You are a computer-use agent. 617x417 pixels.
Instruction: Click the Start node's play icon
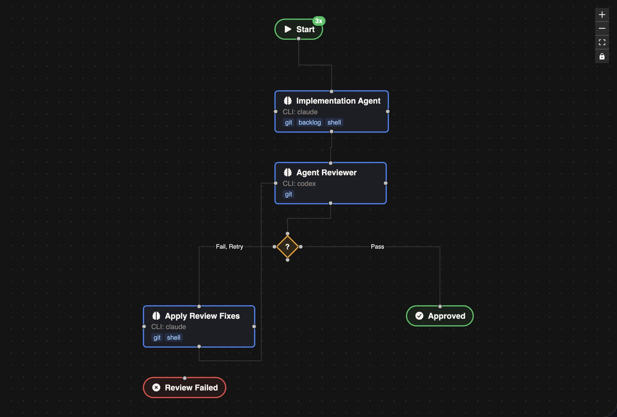point(288,29)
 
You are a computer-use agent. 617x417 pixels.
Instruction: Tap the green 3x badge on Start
point(319,21)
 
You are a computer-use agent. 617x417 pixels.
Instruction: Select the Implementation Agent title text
point(338,101)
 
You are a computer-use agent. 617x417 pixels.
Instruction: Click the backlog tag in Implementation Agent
point(309,122)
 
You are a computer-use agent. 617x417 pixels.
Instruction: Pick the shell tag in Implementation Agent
point(334,122)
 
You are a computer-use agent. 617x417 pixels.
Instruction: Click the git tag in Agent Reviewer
point(288,194)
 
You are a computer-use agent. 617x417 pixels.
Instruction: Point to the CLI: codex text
point(299,184)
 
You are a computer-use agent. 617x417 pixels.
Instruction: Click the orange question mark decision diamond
point(288,247)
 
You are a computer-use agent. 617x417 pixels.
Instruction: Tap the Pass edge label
point(377,247)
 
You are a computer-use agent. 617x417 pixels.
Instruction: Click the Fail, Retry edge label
point(229,247)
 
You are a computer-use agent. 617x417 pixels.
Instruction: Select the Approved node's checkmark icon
point(419,316)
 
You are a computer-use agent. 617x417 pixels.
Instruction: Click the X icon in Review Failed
point(156,387)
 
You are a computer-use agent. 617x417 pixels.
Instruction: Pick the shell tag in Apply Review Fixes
point(174,337)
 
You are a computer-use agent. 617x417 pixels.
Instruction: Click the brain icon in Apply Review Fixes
point(156,316)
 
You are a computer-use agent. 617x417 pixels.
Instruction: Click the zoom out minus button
point(602,29)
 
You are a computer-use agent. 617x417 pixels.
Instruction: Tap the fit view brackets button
point(602,42)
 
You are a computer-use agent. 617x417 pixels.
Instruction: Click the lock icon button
point(602,56)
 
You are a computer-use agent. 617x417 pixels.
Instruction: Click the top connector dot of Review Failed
point(185,378)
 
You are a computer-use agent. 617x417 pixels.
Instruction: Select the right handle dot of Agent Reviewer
point(386,183)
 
